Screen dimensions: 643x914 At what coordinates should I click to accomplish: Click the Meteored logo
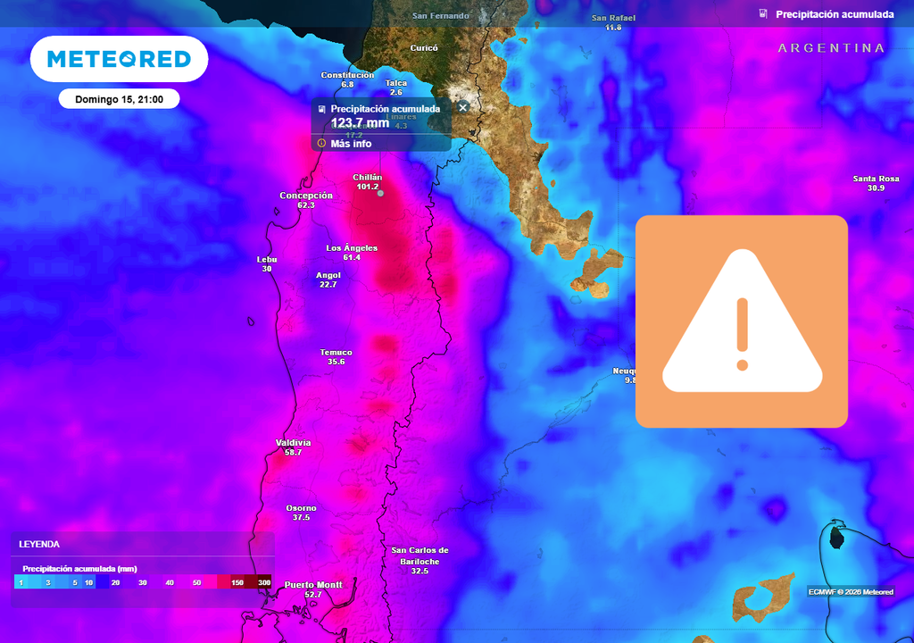(x=119, y=59)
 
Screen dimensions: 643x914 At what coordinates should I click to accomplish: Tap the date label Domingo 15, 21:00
(x=119, y=99)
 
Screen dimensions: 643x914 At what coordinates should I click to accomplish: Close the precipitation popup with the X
(x=463, y=107)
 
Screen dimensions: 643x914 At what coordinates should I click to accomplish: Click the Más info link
(x=350, y=143)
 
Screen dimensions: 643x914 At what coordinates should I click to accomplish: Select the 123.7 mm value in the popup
(x=360, y=122)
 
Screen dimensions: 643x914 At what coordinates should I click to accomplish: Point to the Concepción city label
(x=306, y=196)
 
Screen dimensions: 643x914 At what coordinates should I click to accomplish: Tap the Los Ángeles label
(x=352, y=247)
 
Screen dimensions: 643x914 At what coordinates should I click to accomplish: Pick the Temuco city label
(x=337, y=352)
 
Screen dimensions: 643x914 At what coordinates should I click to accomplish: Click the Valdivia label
(x=294, y=442)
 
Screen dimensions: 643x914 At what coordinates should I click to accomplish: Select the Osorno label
(x=301, y=508)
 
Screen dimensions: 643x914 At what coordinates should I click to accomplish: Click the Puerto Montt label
(x=313, y=585)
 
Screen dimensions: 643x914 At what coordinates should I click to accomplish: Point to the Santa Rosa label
(x=875, y=179)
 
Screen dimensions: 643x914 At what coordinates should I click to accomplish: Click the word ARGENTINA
(x=831, y=48)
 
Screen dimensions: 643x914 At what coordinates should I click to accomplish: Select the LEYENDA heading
(x=39, y=543)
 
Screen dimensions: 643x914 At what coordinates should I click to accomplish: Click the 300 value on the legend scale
(x=264, y=582)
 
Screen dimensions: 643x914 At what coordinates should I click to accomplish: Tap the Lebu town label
(x=267, y=260)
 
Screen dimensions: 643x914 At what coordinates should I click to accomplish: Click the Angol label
(x=328, y=275)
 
